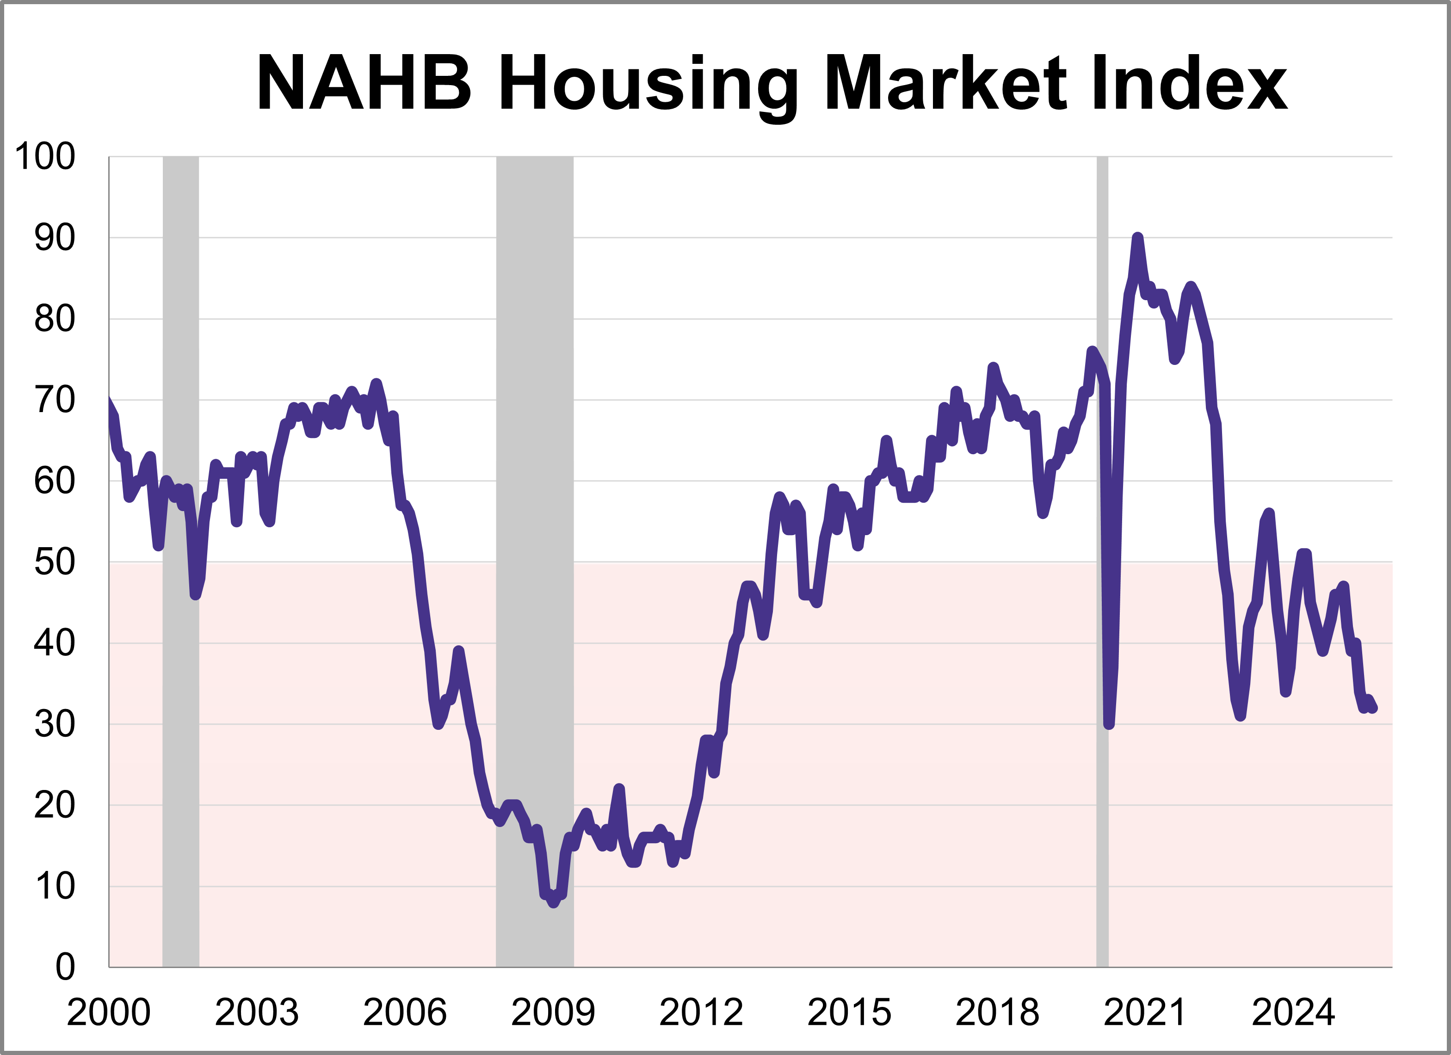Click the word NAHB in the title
364,84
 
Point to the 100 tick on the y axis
45,157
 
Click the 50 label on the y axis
55,562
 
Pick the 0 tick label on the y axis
65,967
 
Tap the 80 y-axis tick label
55,319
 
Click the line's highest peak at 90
1137,238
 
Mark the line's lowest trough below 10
553,903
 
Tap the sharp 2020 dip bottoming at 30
1109,724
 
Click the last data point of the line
1374,708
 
